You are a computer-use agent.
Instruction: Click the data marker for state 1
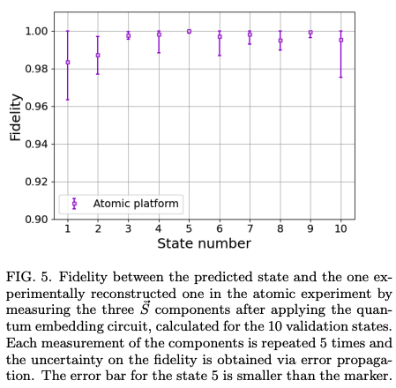[x=68, y=63]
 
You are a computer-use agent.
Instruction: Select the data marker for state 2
[x=98, y=56]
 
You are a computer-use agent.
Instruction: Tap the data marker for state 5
[x=189, y=31]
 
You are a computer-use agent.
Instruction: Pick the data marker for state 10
[x=340, y=40]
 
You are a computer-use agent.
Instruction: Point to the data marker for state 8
[x=280, y=41]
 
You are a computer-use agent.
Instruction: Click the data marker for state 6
[x=220, y=37]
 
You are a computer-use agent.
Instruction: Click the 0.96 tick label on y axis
[x=39, y=107]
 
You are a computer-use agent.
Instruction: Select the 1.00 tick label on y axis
[x=39, y=31]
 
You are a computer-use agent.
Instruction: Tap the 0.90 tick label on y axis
[x=39, y=219]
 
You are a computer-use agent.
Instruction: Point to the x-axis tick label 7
[x=250, y=228]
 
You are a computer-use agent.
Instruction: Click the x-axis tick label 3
[x=128, y=228]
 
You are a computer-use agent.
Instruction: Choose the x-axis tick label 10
[x=340, y=228]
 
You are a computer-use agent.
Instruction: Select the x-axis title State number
[x=204, y=242]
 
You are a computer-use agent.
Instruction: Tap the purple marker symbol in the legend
[x=74, y=203]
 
